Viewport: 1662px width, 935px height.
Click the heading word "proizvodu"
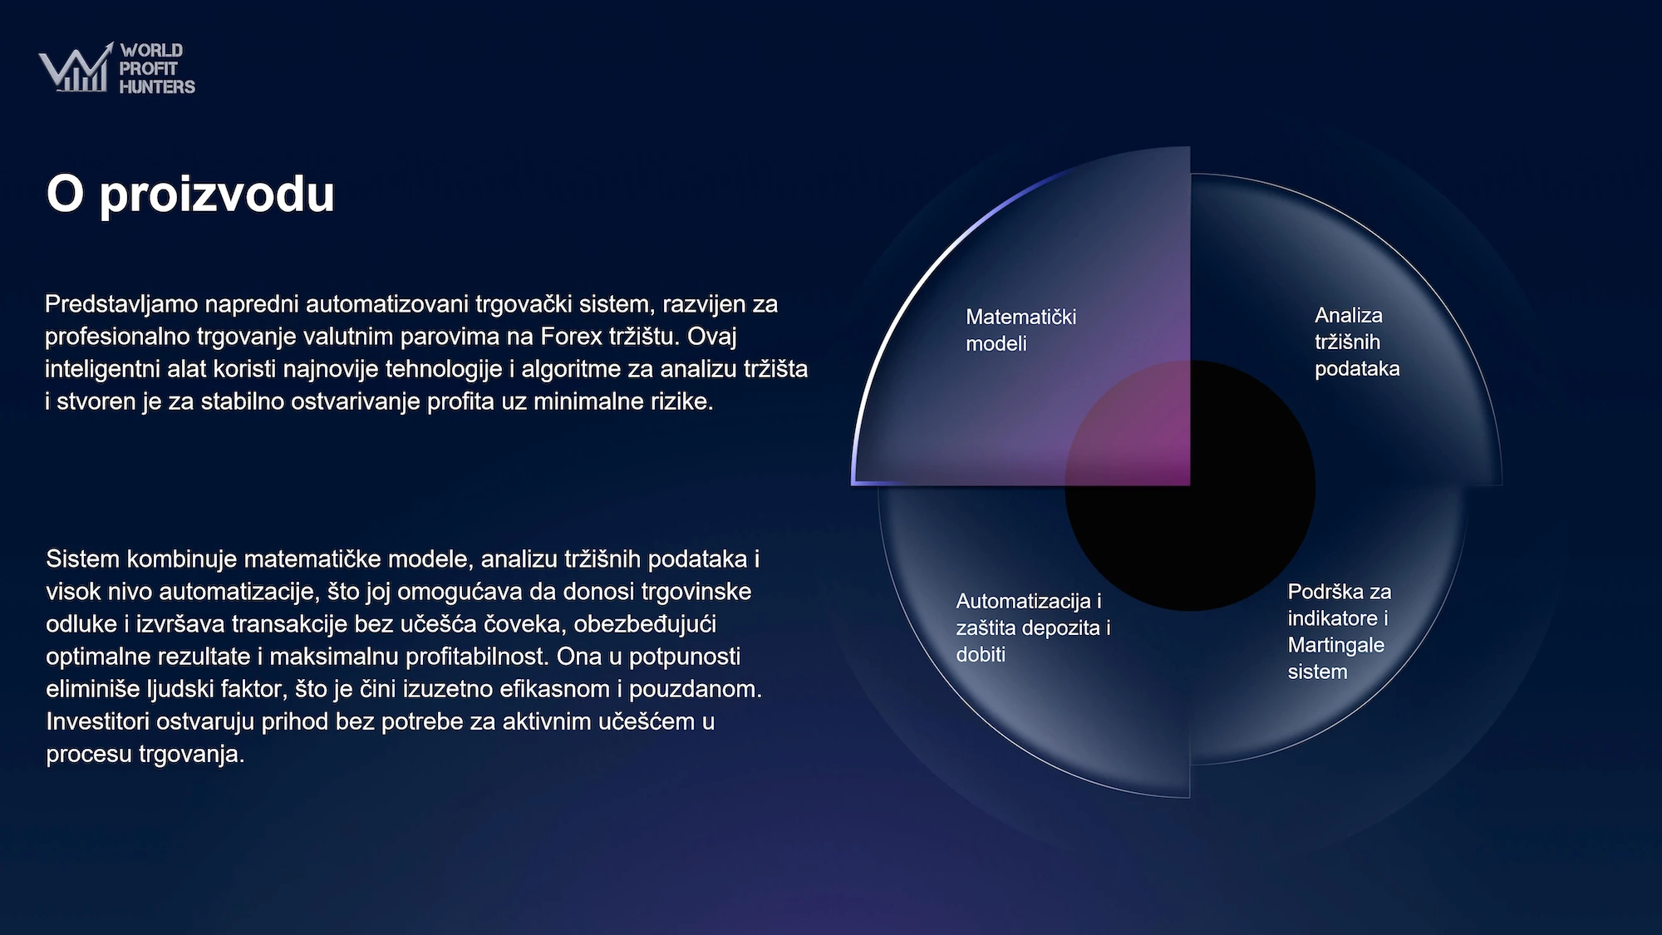point(217,196)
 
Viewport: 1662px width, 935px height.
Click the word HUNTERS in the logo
point(157,86)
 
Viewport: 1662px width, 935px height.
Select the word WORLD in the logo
point(151,50)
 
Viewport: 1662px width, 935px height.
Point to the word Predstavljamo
point(121,305)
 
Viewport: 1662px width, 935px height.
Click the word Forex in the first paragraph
point(571,336)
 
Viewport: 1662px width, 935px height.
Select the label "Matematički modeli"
point(1020,330)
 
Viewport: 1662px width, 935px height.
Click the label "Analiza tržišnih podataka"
point(1357,342)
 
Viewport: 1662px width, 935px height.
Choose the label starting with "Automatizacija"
point(1033,627)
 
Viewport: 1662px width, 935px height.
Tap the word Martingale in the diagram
point(1336,645)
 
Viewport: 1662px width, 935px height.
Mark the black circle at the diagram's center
point(1190,485)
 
